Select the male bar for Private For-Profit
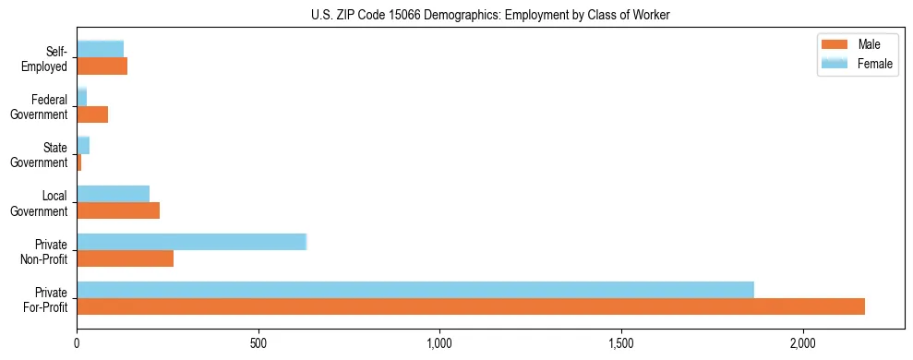coord(471,306)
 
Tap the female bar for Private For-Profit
coord(415,289)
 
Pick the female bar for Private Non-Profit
coord(191,242)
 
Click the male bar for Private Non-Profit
coord(126,258)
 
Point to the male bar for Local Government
coord(118,210)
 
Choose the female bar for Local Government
coord(114,194)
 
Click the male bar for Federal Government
coord(92,114)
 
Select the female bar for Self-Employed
coord(100,49)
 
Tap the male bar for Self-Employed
coord(102,66)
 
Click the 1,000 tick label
coord(439,342)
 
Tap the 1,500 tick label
coord(621,342)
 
